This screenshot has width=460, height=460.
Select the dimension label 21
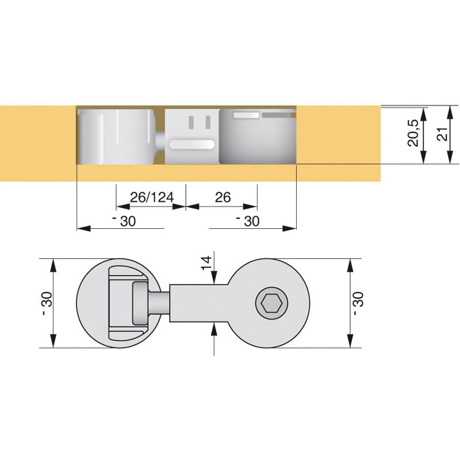coord(443,134)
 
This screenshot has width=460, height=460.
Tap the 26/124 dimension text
coord(152,197)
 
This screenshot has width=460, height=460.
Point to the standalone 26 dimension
coord(223,197)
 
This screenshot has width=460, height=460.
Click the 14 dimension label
coord(206,263)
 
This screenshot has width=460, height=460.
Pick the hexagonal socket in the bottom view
coord(271,304)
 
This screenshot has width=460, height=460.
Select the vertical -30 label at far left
coord(47,304)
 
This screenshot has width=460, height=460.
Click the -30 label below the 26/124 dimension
coord(124,221)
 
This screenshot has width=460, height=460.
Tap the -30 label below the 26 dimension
coord(248,221)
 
